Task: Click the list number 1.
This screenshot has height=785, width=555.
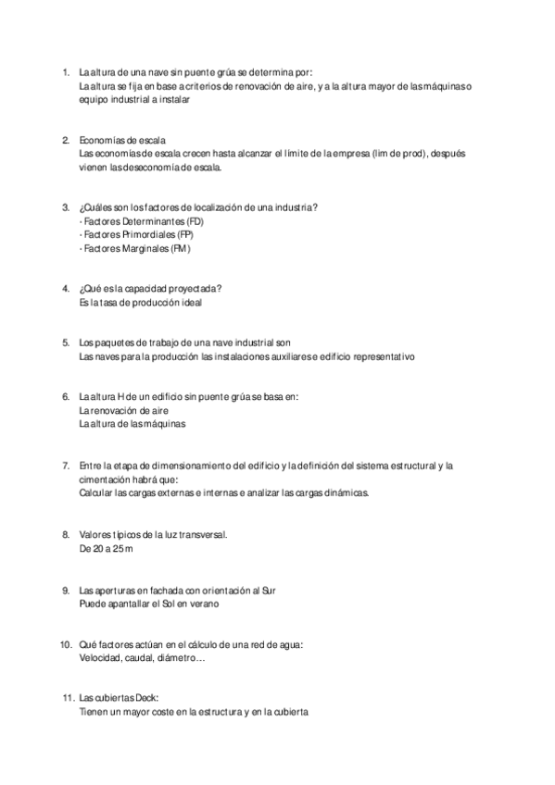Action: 65,72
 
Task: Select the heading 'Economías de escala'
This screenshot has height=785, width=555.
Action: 122,141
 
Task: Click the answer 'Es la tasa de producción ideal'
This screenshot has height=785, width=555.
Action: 141,302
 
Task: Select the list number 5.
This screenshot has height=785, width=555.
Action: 65,343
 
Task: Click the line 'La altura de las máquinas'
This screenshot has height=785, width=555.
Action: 132,424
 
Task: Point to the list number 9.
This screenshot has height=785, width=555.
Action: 65,590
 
